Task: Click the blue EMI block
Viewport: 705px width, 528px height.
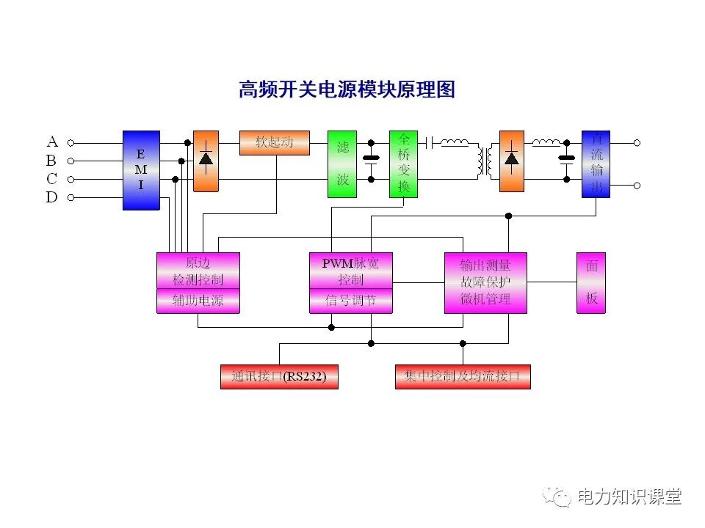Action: click(x=141, y=170)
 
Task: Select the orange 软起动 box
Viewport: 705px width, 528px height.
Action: click(x=274, y=142)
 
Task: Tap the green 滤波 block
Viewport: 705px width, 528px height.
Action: click(x=342, y=164)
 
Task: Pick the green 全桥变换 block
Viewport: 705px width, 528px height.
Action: click(x=403, y=164)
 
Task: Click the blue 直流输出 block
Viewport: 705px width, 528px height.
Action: click(x=596, y=164)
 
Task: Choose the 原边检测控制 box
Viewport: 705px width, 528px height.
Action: click(x=198, y=271)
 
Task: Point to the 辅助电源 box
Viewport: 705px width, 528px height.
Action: click(x=198, y=301)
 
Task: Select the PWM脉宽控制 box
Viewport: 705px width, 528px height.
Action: click(x=350, y=271)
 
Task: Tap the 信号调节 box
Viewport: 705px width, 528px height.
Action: click(x=350, y=301)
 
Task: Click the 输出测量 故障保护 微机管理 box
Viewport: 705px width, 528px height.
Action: click(x=485, y=282)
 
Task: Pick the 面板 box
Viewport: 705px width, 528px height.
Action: click(x=591, y=282)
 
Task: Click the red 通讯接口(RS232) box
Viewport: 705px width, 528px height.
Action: click(x=279, y=377)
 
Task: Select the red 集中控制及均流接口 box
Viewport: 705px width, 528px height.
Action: click(x=463, y=377)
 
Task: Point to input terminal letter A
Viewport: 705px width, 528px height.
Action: click(x=52, y=142)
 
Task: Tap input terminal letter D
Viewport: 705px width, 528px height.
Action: click(x=52, y=197)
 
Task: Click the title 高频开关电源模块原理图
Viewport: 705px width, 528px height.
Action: click(x=347, y=89)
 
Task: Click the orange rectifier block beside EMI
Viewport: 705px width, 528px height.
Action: click(x=206, y=161)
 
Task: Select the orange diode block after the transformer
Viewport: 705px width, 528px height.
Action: click(x=512, y=161)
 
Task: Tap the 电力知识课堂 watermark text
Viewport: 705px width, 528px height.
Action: click(x=630, y=496)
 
